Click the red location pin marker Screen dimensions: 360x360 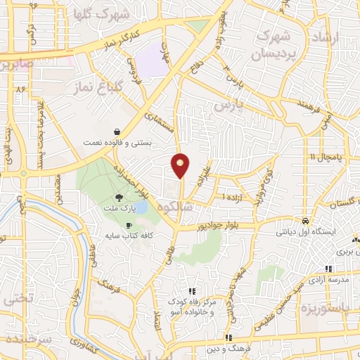(x=181, y=165)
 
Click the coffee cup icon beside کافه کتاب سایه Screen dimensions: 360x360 (x=128, y=225)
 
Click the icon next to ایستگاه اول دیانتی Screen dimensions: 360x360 (x=304, y=220)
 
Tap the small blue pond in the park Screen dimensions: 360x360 (x=140, y=207)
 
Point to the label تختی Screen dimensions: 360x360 (x=18, y=297)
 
